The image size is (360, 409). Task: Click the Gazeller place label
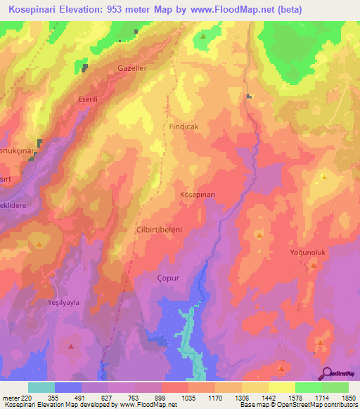click(x=131, y=68)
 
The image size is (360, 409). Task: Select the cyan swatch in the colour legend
click(x=41, y=387)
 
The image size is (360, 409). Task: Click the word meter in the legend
click(x=10, y=398)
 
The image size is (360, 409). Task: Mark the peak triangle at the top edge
click(x=203, y=36)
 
